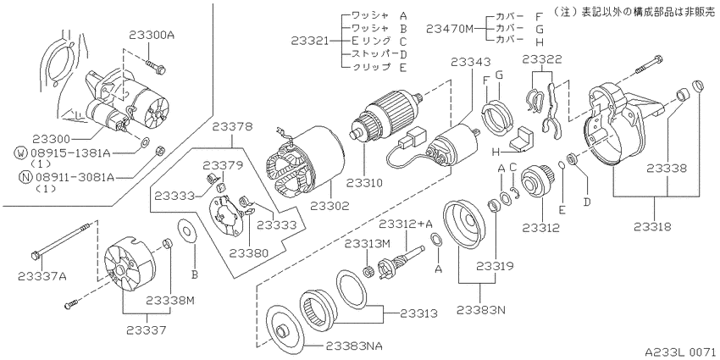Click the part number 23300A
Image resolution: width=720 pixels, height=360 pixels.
pyautogui.click(x=152, y=36)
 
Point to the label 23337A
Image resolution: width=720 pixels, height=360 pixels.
pyautogui.click(x=42, y=275)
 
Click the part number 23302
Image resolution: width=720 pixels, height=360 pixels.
pyautogui.click(x=330, y=205)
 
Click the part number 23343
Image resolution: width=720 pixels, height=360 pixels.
pyautogui.click(x=470, y=61)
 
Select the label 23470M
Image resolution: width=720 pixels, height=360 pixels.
pyautogui.click(x=450, y=29)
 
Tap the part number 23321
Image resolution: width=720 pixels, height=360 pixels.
pyautogui.click(x=310, y=42)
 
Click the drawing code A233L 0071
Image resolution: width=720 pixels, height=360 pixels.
pyautogui.click(x=682, y=352)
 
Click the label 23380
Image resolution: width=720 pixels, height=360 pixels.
pyautogui.click(x=249, y=252)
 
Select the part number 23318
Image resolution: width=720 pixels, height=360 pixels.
pyautogui.click(x=653, y=226)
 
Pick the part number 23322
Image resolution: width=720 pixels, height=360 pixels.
pyautogui.click(x=541, y=58)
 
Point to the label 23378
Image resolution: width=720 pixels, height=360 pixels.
pyautogui.click(x=232, y=128)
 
